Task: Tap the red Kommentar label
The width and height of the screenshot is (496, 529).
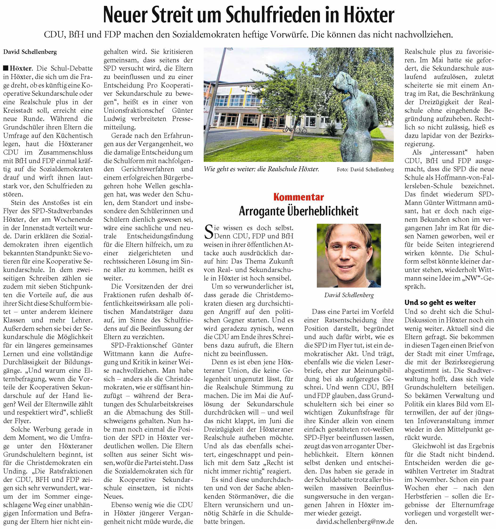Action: pos(298,197)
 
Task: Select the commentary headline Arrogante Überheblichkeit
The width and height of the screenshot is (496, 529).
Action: pos(298,211)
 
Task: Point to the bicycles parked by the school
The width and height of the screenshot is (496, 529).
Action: pos(295,130)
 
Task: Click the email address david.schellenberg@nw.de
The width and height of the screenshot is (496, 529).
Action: pos(355,521)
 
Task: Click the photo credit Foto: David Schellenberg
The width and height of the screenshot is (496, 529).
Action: pos(365,169)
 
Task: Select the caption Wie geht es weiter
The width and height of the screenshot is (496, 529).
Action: pos(261,169)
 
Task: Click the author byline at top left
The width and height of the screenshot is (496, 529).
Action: pos(30,52)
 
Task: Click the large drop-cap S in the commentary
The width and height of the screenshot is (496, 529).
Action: pos(208,232)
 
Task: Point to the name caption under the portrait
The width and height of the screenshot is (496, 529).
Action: pos(349,295)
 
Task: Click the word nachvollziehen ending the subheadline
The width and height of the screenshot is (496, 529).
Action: pos(423,35)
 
